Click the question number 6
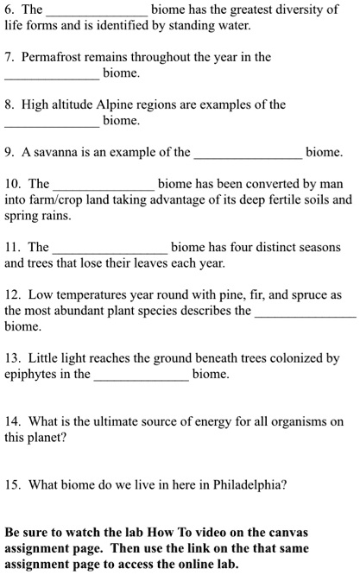pos(9,9)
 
